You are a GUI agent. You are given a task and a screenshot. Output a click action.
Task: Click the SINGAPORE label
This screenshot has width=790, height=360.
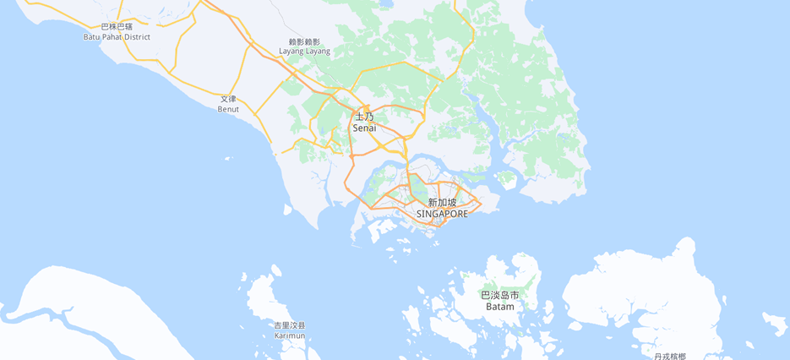click(x=442, y=214)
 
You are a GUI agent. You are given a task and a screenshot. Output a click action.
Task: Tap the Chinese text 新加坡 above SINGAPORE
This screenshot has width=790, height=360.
click(x=442, y=203)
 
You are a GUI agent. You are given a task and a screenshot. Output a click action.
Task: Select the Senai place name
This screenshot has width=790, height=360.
click(x=364, y=128)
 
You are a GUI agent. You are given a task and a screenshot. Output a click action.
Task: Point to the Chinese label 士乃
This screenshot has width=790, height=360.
click(x=364, y=117)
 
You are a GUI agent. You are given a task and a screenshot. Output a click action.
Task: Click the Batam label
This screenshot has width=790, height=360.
click(x=499, y=306)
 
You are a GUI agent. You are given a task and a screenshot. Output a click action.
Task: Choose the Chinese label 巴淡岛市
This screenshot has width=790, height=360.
click(x=499, y=295)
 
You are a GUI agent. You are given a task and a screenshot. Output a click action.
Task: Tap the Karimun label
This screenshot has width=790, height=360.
click(x=290, y=335)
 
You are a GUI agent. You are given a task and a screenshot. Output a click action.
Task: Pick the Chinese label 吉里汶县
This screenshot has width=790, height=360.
click(x=290, y=325)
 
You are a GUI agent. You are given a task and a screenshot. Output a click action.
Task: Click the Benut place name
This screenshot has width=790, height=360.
click(x=228, y=109)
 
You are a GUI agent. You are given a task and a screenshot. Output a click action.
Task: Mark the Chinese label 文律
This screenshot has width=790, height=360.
click(x=228, y=99)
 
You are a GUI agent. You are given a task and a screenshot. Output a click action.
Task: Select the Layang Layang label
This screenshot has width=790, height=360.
click(x=305, y=52)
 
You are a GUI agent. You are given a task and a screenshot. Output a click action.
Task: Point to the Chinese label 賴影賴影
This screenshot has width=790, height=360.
click(x=305, y=41)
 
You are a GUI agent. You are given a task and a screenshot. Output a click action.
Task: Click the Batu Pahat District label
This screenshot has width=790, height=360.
click(x=117, y=37)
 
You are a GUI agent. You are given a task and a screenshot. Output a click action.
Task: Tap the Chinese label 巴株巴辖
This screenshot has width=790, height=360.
click(x=117, y=27)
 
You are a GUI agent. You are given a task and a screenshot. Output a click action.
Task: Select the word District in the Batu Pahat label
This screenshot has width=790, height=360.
click(x=138, y=37)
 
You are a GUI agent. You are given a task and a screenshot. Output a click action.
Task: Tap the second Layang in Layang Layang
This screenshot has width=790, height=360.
click(x=319, y=52)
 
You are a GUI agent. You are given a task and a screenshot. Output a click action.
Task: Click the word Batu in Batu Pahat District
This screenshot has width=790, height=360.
click(x=92, y=37)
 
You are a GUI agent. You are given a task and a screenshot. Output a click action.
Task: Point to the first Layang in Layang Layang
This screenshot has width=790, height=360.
click(x=291, y=52)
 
